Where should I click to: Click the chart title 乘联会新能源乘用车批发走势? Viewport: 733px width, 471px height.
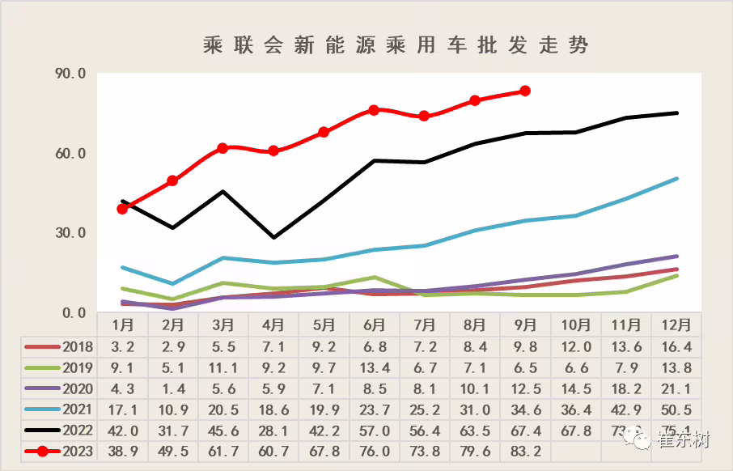coord(396,45)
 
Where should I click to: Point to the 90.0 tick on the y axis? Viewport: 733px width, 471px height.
coord(70,74)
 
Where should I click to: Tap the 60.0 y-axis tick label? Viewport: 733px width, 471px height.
coord(70,153)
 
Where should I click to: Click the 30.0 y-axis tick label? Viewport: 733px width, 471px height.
coord(70,233)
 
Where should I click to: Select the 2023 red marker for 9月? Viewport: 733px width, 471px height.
coord(525,91)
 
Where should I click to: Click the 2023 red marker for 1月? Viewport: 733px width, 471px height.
coord(122,209)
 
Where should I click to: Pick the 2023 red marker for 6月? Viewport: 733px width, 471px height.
coord(374,110)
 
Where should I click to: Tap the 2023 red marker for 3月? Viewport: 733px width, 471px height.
coord(222,148)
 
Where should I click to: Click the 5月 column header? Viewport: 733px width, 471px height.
coord(324,325)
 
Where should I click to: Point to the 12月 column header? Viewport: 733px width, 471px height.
coord(676,325)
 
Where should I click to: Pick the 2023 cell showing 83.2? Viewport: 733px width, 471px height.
coord(526,451)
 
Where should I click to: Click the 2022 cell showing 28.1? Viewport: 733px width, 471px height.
coord(273,430)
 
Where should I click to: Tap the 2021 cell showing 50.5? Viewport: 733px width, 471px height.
coord(676,409)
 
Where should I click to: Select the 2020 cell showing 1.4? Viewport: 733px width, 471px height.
coord(172,388)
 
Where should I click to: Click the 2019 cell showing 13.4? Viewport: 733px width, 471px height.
coord(374,368)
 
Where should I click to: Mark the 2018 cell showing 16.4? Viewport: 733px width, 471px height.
coord(676,347)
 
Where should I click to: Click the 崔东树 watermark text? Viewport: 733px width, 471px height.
coord(682,440)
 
